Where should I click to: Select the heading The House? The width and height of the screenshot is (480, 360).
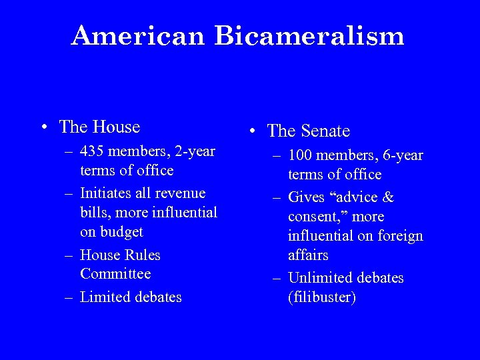(99, 126)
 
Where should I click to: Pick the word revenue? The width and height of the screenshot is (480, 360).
(182, 193)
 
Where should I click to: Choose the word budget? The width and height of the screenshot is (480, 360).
(121, 232)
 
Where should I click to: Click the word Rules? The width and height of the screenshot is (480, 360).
(142, 255)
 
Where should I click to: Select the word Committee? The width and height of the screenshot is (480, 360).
(115, 274)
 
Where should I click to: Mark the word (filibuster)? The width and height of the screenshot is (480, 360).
(322, 297)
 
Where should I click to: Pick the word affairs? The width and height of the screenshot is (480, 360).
(309, 255)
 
